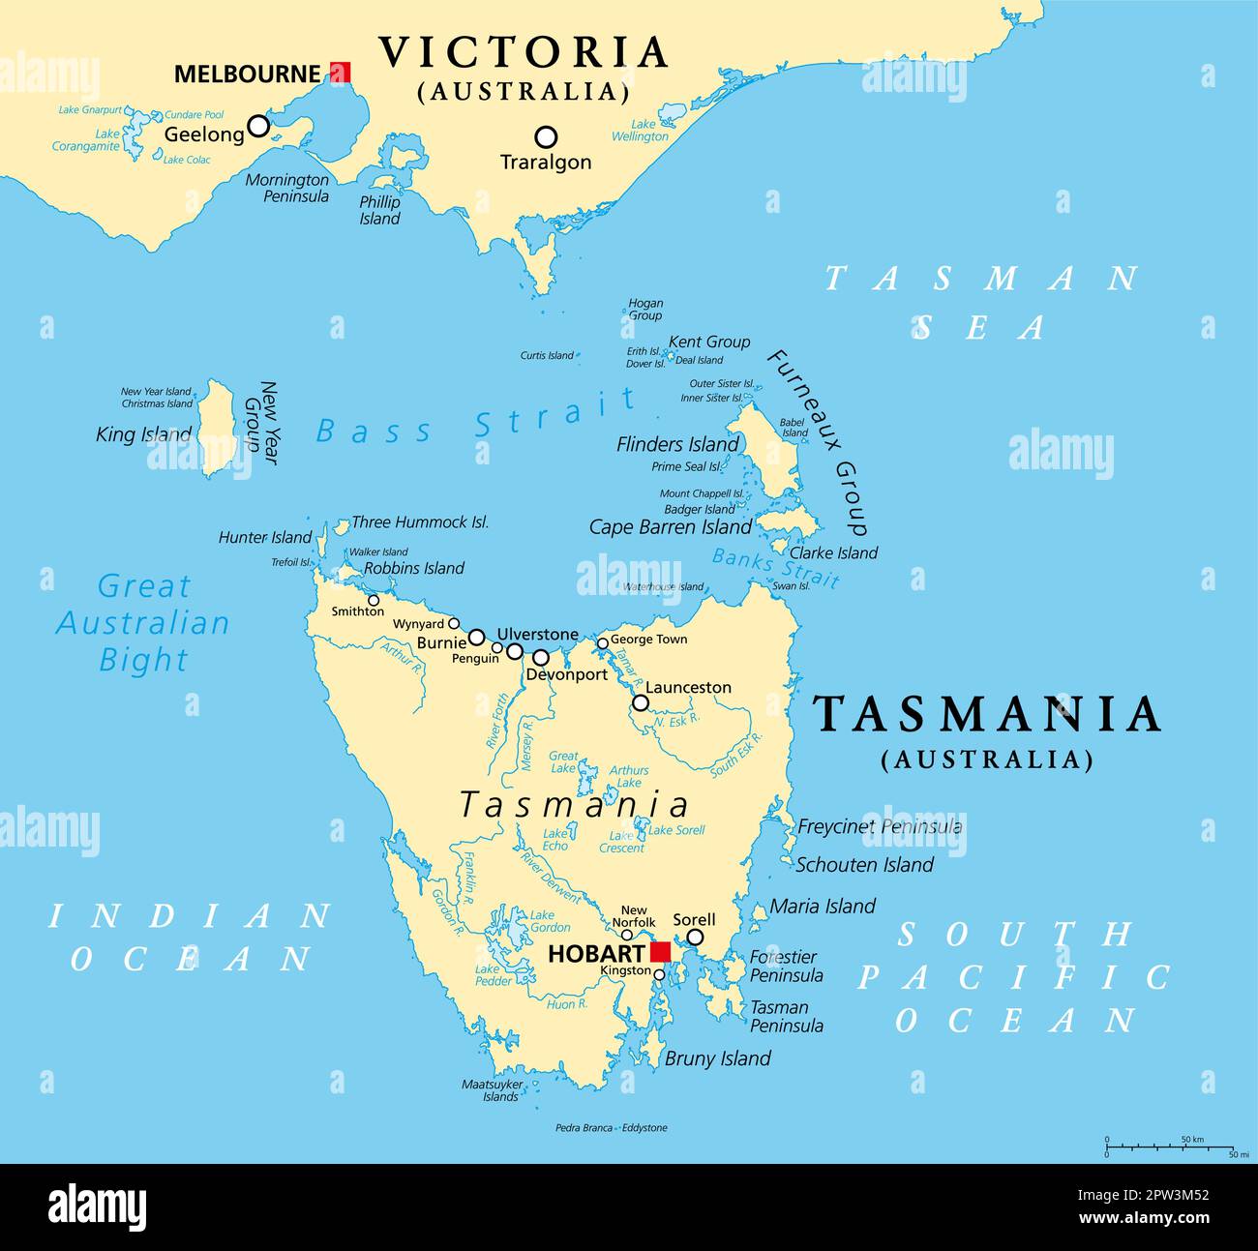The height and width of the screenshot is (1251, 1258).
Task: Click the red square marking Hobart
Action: click(660, 952)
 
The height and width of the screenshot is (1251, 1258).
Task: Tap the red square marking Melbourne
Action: click(340, 73)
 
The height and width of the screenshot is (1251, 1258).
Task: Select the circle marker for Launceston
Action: click(641, 702)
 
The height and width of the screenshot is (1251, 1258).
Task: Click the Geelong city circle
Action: click(257, 126)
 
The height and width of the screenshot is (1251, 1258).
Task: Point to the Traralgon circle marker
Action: click(546, 136)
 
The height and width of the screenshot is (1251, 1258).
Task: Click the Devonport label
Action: click(566, 674)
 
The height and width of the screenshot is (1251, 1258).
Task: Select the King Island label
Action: click(143, 434)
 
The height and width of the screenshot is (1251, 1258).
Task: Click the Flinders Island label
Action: click(677, 444)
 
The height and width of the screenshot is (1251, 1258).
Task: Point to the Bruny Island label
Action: click(717, 1058)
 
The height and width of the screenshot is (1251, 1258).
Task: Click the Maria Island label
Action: click(823, 907)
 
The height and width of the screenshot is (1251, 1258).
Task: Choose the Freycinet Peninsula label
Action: click(879, 826)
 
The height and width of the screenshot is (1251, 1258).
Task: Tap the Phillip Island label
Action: click(379, 211)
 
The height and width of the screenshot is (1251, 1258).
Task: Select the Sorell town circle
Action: click(695, 937)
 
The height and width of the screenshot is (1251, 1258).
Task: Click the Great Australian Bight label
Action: click(143, 623)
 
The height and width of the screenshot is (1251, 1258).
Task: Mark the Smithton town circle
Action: click(374, 600)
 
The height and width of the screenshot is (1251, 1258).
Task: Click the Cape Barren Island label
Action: click(670, 527)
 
